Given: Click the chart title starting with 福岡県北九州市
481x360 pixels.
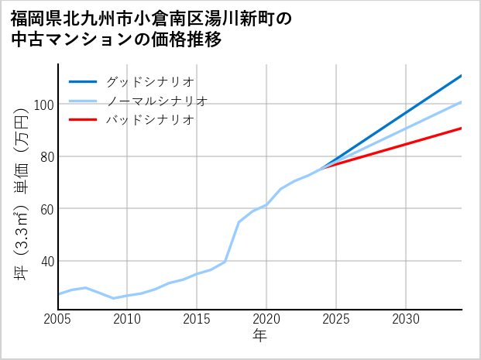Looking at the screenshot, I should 151,28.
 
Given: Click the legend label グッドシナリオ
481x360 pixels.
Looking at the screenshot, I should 149,81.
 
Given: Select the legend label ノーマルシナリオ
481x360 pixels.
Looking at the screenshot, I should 156,101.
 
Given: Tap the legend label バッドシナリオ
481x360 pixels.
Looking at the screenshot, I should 149,120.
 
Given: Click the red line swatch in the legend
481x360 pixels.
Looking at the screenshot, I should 83,120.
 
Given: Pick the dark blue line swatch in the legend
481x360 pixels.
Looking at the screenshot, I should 83,81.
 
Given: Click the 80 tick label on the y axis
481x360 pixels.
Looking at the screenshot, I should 46,156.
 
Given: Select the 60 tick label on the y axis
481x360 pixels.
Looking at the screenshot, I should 46,209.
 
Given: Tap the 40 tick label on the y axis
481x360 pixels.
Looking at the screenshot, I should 46,261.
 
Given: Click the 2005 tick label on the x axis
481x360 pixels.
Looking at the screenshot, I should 58,319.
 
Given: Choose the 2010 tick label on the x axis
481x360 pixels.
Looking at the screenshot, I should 128,319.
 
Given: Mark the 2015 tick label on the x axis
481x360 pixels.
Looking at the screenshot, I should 198,319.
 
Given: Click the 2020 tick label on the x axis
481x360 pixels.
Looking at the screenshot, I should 267,319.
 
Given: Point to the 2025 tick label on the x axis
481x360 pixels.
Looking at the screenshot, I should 337,319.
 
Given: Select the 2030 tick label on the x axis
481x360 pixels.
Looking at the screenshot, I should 407,319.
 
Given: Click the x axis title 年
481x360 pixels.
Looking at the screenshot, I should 260,336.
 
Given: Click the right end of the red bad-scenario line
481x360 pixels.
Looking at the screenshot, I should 462,128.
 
